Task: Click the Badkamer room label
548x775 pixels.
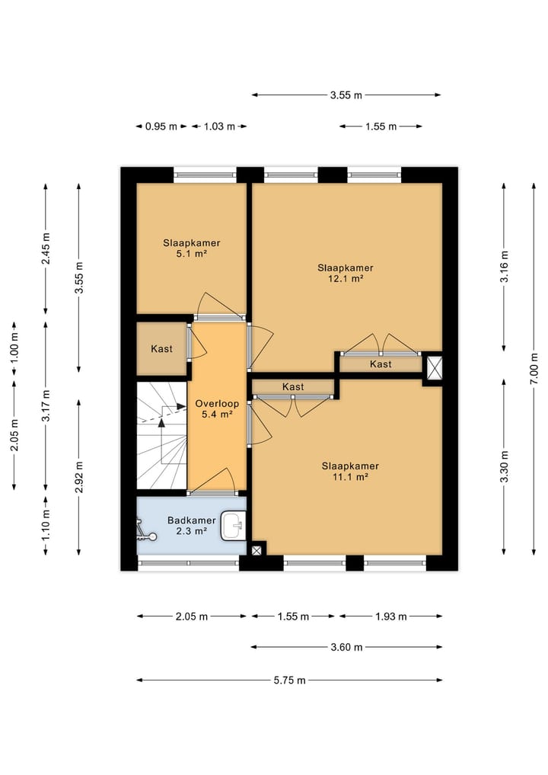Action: point(192,520)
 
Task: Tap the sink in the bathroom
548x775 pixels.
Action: point(233,525)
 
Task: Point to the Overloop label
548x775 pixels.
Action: point(217,403)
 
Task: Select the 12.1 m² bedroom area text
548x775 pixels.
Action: point(346,279)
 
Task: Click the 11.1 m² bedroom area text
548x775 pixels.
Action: point(350,477)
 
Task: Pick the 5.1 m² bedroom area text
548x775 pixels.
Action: point(192,254)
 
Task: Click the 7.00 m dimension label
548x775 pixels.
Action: point(534,369)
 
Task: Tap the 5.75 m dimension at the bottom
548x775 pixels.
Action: point(290,680)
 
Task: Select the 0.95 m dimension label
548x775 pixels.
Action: point(161,126)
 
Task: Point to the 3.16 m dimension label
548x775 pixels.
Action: point(504,267)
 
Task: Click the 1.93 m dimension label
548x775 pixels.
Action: point(391,616)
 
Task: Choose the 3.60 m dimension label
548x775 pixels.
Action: point(346,647)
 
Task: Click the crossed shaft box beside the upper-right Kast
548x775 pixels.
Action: point(434,368)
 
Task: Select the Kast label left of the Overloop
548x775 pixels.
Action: point(161,349)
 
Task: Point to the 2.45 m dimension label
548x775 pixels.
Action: point(46,248)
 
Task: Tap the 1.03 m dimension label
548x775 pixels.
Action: point(219,126)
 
